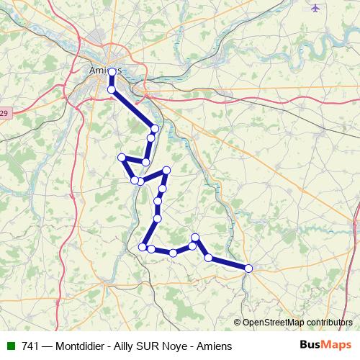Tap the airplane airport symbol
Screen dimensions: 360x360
[315, 8]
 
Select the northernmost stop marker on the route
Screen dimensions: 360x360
[112, 72]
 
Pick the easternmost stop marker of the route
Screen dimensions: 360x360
[248, 269]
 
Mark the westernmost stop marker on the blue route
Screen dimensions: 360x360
[122, 158]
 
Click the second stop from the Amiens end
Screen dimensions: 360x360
[112, 89]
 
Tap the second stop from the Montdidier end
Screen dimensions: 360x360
[208, 257]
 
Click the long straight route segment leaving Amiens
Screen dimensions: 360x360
[133, 109]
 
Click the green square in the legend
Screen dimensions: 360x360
[11, 346]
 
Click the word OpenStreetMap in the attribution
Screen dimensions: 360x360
[273, 323]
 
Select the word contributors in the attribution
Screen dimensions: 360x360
[328, 323]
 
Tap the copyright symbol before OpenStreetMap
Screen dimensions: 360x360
[238, 323]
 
